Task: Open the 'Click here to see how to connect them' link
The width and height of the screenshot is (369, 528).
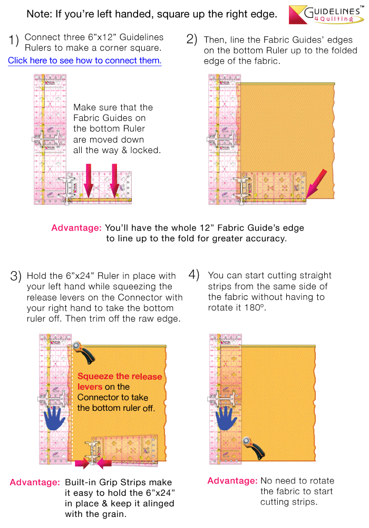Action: tap(84, 61)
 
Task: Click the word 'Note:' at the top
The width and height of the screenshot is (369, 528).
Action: tap(40, 14)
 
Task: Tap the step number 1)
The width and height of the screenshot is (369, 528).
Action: tap(14, 40)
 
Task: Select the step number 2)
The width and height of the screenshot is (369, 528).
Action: tap(192, 40)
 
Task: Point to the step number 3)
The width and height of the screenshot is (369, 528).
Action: tap(16, 276)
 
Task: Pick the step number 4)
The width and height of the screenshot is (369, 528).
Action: tap(194, 275)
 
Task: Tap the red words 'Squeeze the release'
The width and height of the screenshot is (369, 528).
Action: tap(120, 376)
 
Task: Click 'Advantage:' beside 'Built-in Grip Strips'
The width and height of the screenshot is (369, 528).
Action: tap(34, 483)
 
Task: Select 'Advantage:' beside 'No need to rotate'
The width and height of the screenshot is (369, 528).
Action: tap(232, 480)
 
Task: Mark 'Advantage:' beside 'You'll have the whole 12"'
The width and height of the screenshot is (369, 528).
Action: tap(76, 228)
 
